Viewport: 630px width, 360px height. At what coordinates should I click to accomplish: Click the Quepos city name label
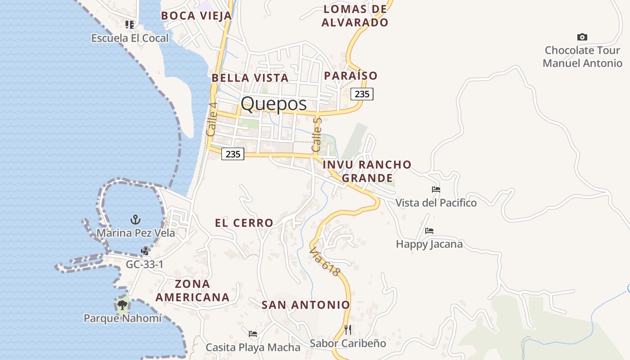click(x=274, y=104)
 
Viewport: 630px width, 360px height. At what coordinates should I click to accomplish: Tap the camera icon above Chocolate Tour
click(x=582, y=37)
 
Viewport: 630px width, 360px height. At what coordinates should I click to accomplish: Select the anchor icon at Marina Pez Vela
click(x=135, y=220)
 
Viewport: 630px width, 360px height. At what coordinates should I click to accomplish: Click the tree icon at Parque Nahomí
click(x=122, y=305)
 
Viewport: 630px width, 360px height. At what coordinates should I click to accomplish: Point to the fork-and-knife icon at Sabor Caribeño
click(x=347, y=330)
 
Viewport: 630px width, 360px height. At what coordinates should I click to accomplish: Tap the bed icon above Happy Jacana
click(x=429, y=231)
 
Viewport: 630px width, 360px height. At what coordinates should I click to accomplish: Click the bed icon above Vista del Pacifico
click(x=436, y=189)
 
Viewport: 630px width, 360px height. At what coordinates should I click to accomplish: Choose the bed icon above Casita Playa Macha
click(x=253, y=334)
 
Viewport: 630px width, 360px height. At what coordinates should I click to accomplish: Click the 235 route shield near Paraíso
click(x=362, y=94)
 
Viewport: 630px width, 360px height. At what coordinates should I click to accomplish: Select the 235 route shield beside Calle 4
click(x=233, y=154)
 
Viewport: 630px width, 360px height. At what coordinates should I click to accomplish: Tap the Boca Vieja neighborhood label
click(x=196, y=16)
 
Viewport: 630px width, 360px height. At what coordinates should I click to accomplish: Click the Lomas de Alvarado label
click(x=355, y=16)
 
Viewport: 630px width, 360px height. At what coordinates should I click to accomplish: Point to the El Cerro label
click(x=244, y=223)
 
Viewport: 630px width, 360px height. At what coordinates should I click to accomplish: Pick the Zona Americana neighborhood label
click(x=193, y=291)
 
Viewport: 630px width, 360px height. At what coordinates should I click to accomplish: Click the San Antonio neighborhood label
click(x=306, y=305)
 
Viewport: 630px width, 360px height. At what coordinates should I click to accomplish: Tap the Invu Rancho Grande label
click(x=367, y=171)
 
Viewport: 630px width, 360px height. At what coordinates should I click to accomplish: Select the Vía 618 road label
click(x=324, y=261)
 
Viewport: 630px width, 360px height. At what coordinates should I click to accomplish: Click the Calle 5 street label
click(x=317, y=134)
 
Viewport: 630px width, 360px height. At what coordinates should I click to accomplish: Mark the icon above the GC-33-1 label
click(x=145, y=251)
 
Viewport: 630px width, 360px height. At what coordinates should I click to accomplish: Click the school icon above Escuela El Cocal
click(x=130, y=24)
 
